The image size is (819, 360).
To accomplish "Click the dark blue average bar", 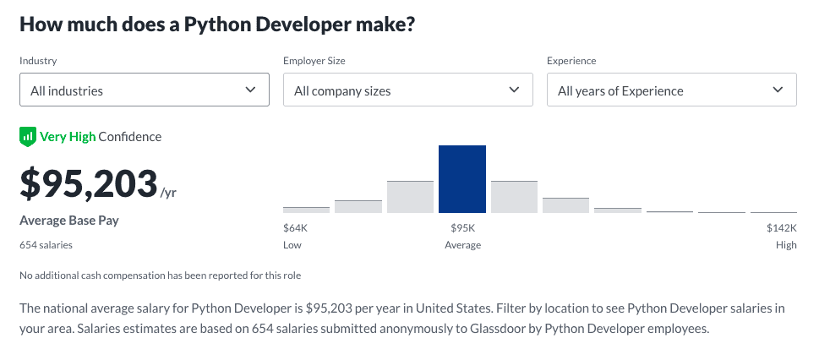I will (461, 179).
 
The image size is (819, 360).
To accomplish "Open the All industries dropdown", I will (144, 90).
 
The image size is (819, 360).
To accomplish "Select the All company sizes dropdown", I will (407, 90).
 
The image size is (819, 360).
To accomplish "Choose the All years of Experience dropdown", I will (671, 90).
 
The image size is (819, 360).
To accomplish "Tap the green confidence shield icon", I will (28, 136).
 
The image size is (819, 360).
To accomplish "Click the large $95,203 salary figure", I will (89, 184).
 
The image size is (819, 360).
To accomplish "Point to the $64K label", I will (295, 227).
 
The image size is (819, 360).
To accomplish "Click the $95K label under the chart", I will (462, 227).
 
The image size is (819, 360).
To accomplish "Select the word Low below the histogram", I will (292, 245).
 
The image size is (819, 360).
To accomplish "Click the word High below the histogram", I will (786, 245).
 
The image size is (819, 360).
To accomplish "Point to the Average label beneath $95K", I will (462, 245).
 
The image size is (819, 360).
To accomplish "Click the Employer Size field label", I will (314, 61).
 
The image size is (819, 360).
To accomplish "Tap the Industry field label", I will (38, 61).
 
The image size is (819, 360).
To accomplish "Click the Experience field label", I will (571, 61).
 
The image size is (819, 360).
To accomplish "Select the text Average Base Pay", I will (68, 221).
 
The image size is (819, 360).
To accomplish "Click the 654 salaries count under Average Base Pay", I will (46, 245).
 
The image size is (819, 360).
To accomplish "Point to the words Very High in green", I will (68, 136).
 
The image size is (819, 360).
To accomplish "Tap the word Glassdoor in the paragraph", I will (414, 328).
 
